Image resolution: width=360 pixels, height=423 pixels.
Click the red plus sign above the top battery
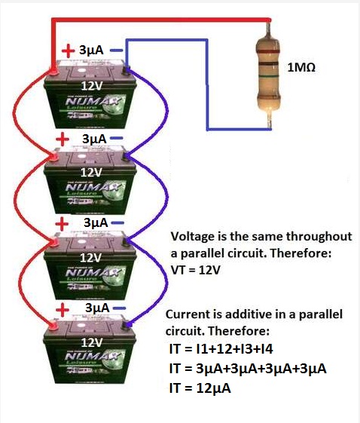click(69, 51)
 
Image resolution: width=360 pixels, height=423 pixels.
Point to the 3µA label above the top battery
click(91, 51)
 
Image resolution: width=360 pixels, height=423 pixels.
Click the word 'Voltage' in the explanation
click(193, 235)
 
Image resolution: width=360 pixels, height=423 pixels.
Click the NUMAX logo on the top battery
click(90, 99)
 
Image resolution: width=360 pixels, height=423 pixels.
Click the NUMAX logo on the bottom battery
click(90, 355)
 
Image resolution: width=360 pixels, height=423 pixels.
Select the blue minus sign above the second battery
click(119, 139)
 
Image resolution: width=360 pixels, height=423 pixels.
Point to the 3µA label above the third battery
click(96, 224)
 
